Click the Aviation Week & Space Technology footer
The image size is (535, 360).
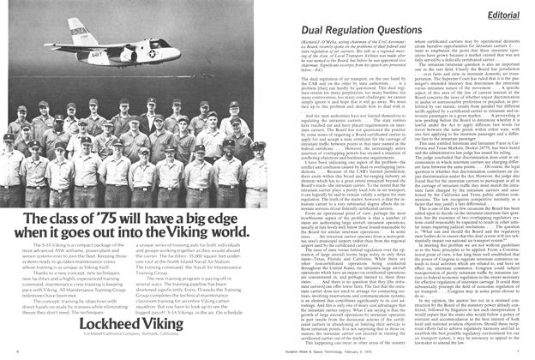(393, 351)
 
